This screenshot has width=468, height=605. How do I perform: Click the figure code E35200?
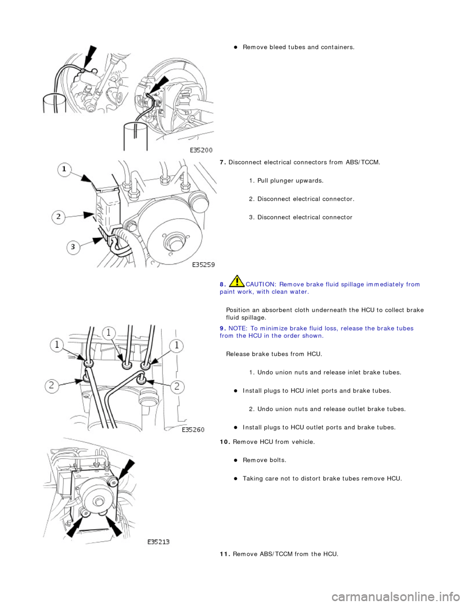click(201, 151)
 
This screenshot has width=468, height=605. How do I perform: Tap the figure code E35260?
click(193, 430)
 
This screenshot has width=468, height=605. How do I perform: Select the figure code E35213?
click(158, 542)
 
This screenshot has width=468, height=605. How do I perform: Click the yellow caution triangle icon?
click(236, 282)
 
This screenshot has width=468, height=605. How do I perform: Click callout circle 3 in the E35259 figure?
click(73, 247)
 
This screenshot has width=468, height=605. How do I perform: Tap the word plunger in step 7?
click(286, 181)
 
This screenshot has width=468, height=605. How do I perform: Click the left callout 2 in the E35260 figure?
click(52, 386)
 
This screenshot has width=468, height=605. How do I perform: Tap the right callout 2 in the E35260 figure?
click(176, 387)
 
